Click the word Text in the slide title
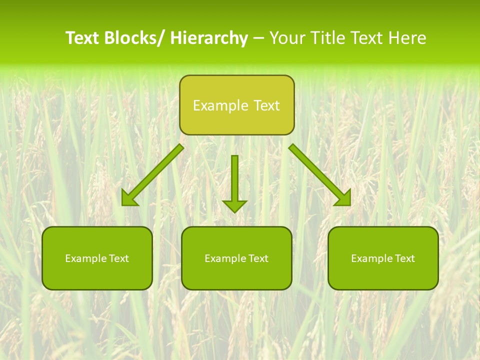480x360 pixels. pos(82,38)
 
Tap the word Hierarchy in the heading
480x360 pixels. pos(208,38)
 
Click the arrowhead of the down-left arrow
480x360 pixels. pos(129,198)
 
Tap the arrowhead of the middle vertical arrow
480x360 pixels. pos(234,205)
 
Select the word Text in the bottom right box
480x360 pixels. pos(404,258)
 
